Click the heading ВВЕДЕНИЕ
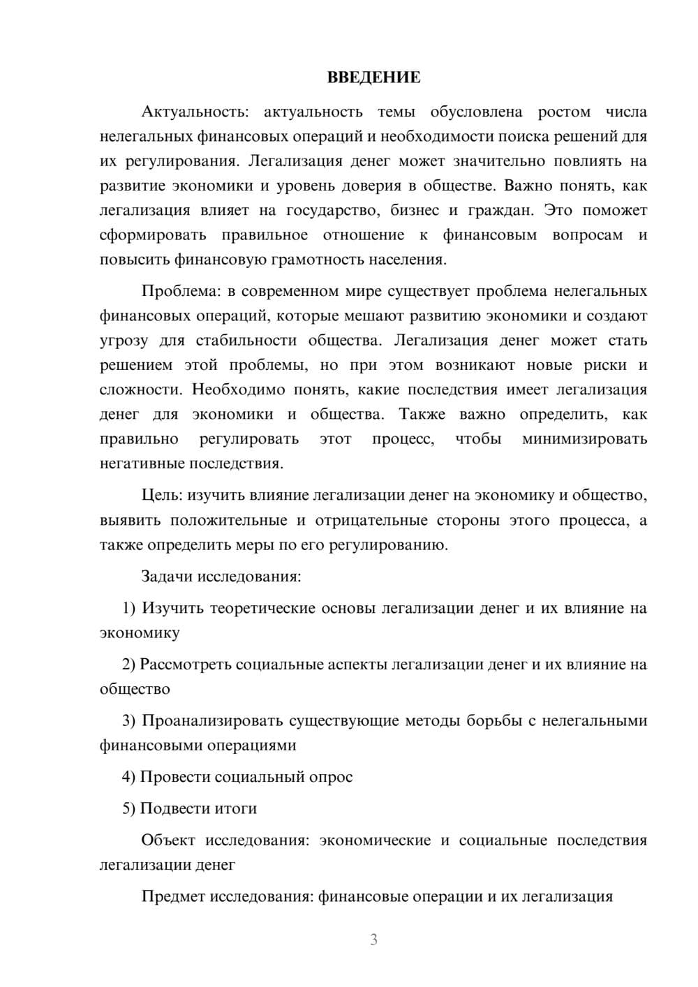tap(373, 77)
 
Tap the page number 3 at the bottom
tap(373, 940)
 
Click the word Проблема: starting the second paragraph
tap(178, 291)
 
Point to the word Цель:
tap(162, 496)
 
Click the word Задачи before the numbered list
tap(168, 577)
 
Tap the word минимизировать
tap(584, 439)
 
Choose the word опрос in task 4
tap(331, 777)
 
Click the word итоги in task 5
tap(236, 808)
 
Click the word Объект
tap(168, 840)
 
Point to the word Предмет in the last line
tap(173, 896)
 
